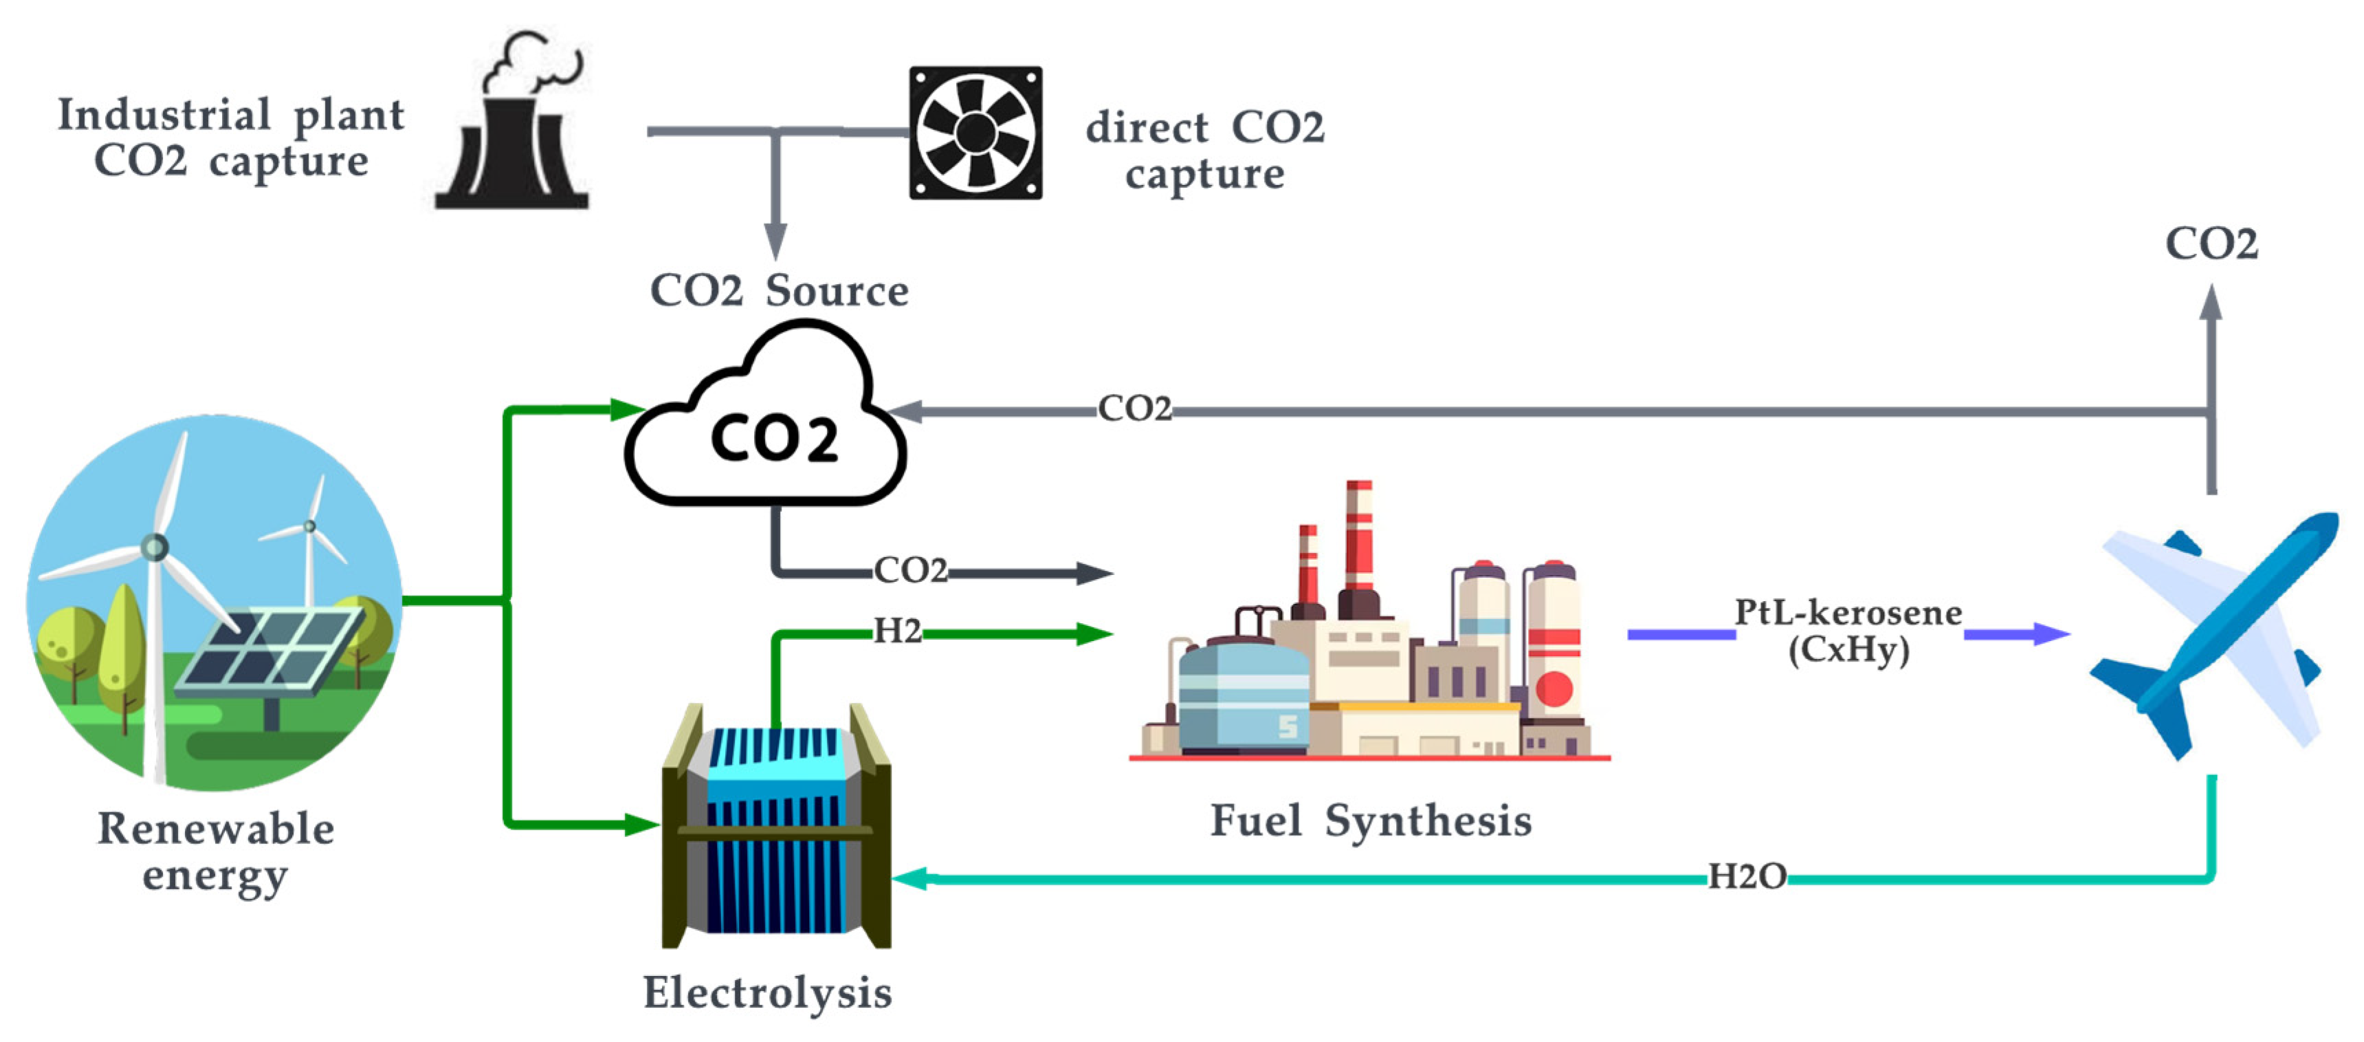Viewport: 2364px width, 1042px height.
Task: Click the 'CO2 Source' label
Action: (779, 291)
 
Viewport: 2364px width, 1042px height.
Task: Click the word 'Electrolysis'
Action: (767, 992)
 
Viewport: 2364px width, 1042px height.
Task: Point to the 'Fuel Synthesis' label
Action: (1371, 821)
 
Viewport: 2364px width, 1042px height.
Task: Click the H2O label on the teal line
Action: (1747, 877)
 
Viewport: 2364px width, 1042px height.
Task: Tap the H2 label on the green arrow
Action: (896, 631)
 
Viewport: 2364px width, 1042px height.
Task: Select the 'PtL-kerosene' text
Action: (1847, 612)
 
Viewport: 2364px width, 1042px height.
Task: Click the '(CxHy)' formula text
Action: (1848, 650)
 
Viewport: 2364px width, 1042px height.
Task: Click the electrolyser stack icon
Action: (776, 826)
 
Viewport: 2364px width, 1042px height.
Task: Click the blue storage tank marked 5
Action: (1244, 697)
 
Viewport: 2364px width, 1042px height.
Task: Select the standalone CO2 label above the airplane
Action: (2211, 244)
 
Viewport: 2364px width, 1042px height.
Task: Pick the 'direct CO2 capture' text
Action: (1205, 151)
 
